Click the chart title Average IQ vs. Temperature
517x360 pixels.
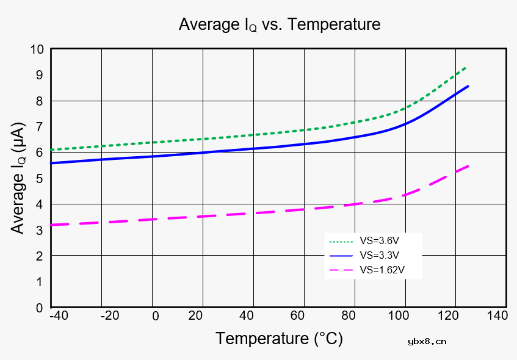tap(279, 24)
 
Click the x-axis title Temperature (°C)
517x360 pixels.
tap(279, 338)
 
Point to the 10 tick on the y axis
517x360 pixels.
tap(37, 49)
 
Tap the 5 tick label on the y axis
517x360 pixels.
tap(40, 178)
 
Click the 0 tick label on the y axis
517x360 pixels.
tap(40, 308)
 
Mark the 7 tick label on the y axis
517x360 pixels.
tap(40, 127)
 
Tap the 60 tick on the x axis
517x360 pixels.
tap(297, 315)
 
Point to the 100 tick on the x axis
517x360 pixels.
tap(398, 315)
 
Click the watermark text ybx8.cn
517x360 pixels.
tap(427, 341)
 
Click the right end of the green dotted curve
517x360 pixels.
tap(467, 67)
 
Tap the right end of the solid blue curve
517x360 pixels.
tap(468, 86)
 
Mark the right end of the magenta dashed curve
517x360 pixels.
tap(468, 166)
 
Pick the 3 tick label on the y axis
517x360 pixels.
tap(40, 230)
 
